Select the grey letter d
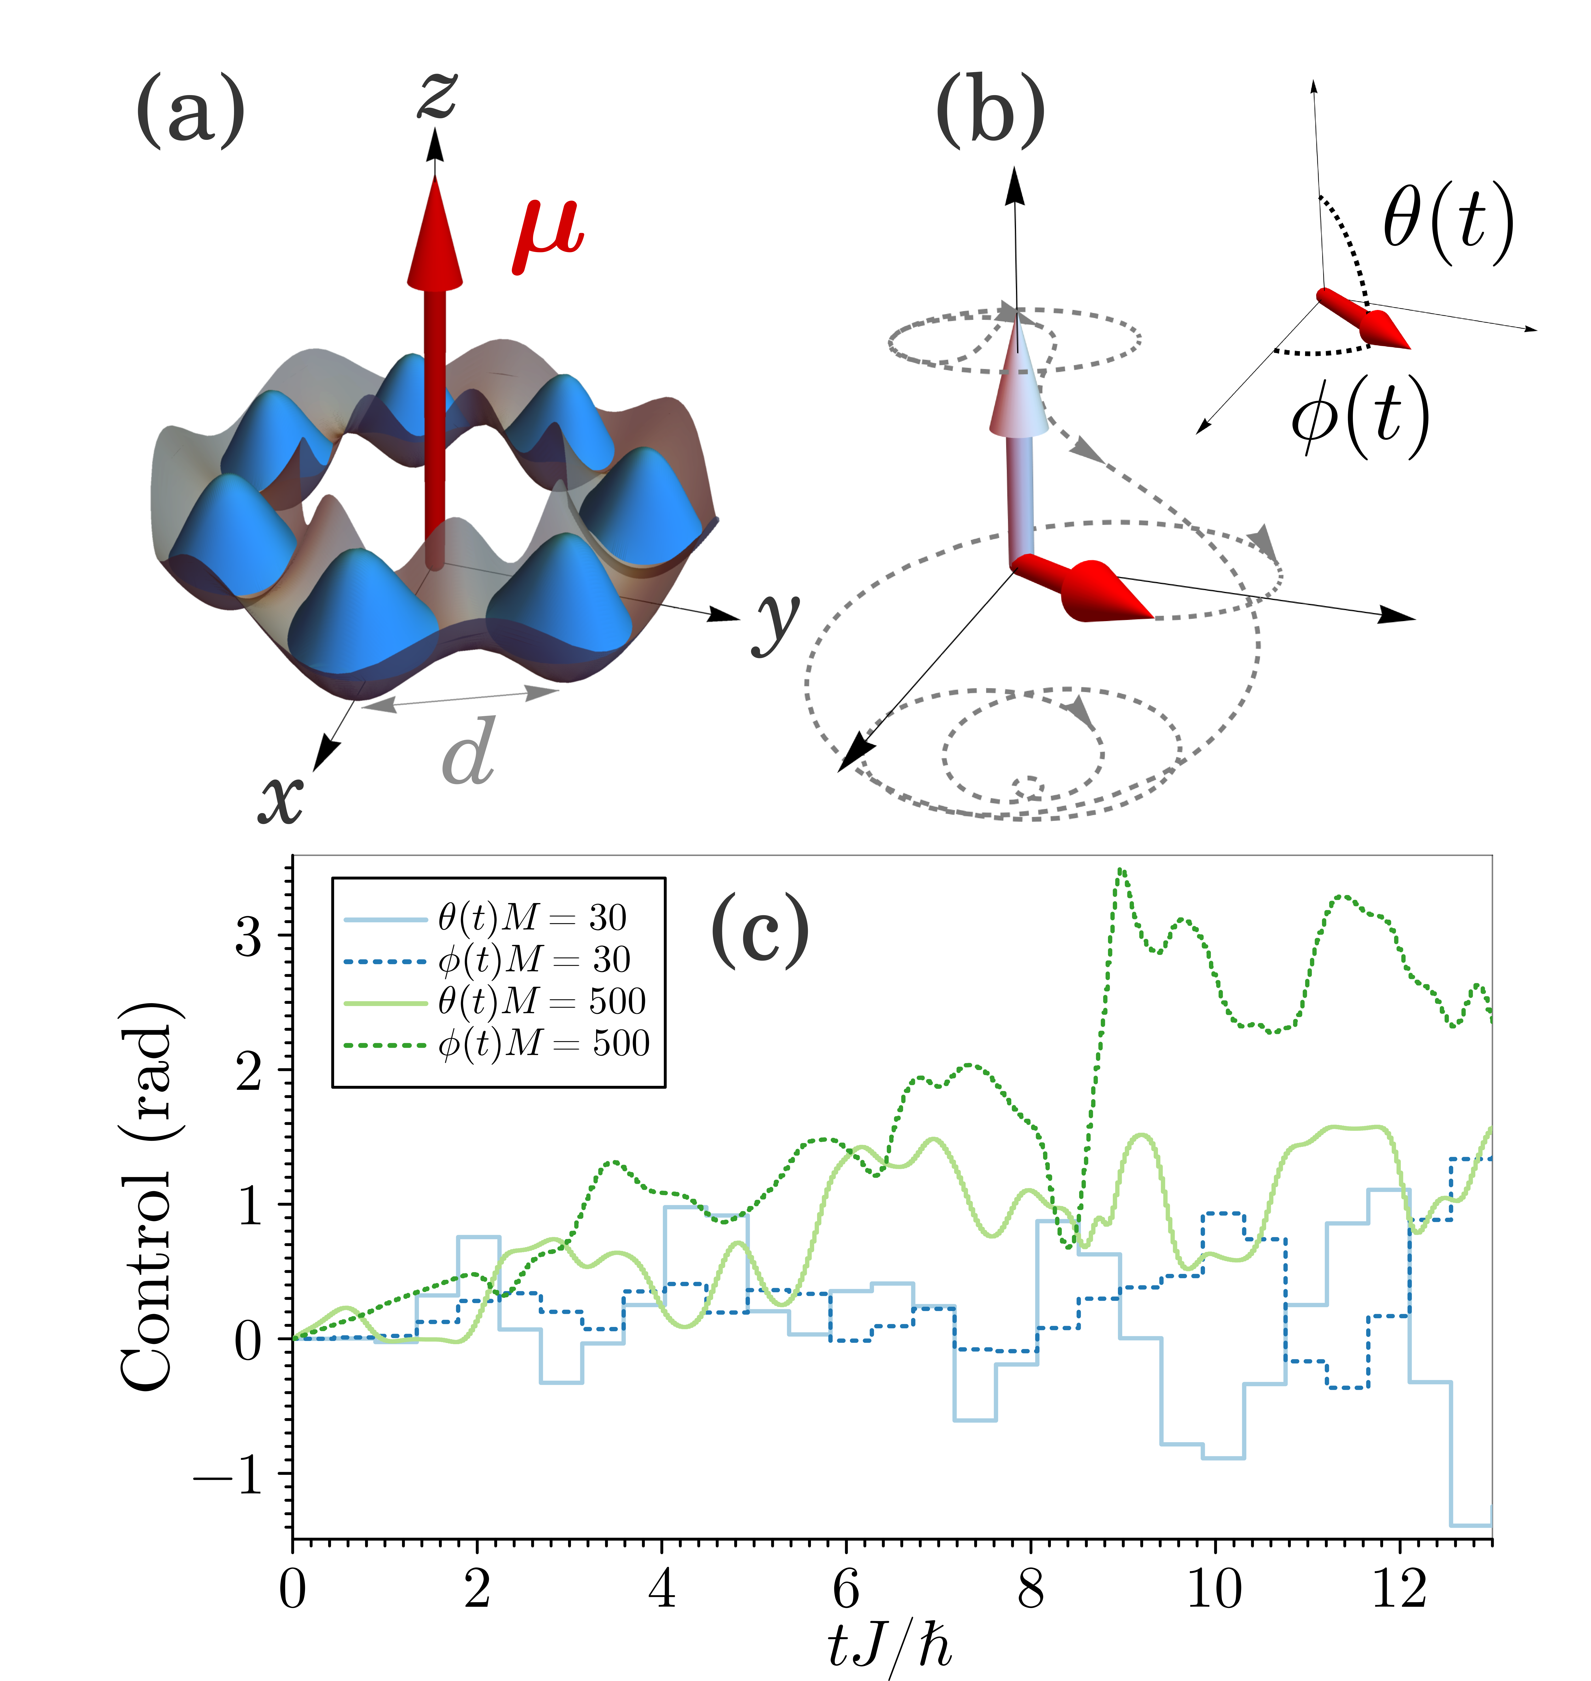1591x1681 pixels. [x=468, y=752]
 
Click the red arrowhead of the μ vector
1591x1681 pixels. [x=435, y=233]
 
